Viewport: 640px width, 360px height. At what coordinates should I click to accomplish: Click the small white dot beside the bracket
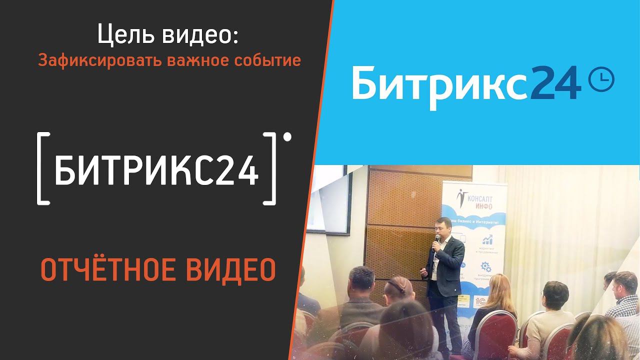287,136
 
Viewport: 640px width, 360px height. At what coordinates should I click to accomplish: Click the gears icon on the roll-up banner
485,266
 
